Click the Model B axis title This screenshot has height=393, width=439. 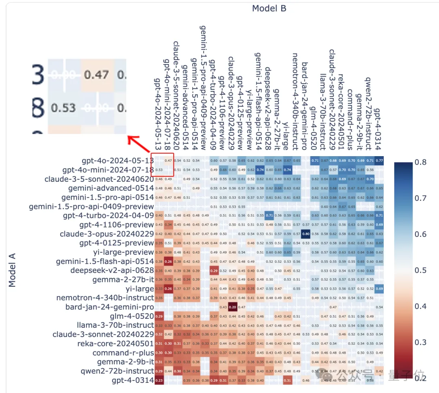click(269, 9)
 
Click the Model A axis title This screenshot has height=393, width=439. click(12, 270)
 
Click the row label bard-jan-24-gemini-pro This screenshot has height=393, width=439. click(109, 307)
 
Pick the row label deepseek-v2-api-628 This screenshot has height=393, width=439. click(112, 270)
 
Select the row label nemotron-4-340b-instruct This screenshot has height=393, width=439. click(105, 298)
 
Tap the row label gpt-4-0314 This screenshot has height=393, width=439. click(133, 380)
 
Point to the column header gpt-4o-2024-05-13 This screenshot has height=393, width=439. click(158, 114)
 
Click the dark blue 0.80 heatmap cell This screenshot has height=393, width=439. click(306, 234)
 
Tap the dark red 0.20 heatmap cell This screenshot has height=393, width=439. click(232, 307)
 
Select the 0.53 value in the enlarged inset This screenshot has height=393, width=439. click(64, 108)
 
